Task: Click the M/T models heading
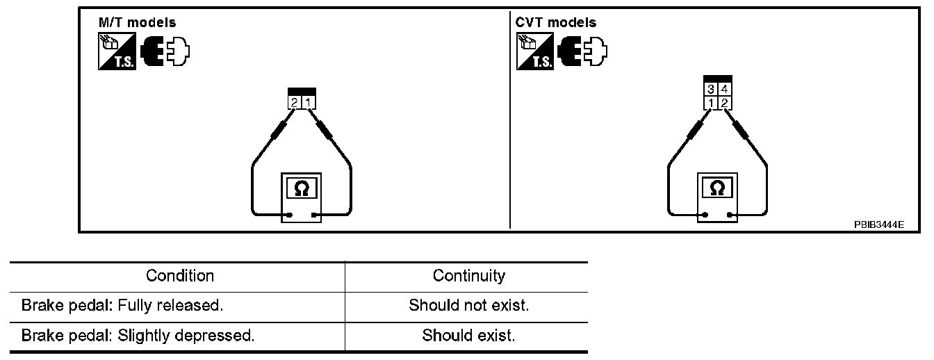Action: click(x=137, y=22)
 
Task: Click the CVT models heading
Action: click(x=555, y=22)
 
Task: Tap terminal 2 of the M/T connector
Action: click(x=295, y=103)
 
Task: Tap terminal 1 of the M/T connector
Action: click(x=309, y=103)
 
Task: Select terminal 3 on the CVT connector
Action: click(x=711, y=89)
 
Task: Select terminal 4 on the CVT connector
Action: click(x=724, y=89)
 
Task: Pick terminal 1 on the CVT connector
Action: click(x=711, y=103)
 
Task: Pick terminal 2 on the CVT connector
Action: click(x=724, y=103)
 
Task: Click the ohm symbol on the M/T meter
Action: click(x=301, y=188)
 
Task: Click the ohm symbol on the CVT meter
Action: click(x=718, y=188)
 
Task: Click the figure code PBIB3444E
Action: click(x=879, y=224)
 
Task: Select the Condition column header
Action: click(x=180, y=276)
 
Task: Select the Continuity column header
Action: click(x=468, y=276)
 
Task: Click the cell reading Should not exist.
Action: click(x=468, y=306)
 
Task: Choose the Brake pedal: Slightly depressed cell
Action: click(x=138, y=336)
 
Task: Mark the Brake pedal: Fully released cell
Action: click(x=122, y=306)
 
